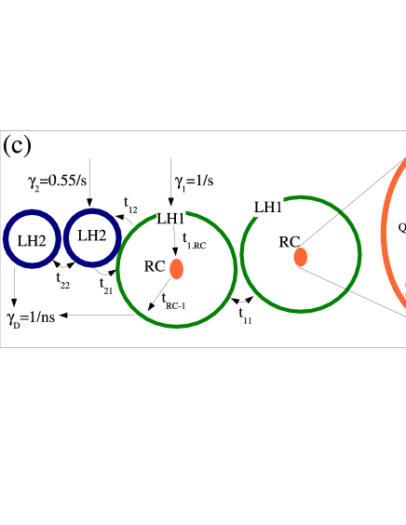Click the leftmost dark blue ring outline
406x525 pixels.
point(6,238)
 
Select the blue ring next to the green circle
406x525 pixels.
point(92,212)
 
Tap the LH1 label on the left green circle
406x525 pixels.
point(171,218)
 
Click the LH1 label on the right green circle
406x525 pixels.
point(268,206)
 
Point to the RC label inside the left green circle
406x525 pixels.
point(155,266)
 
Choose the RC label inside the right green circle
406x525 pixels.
point(290,242)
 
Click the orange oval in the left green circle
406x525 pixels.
point(177,269)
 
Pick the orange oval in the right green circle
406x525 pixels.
point(301,257)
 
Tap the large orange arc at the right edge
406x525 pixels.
point(385,233)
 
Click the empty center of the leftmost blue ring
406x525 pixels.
point(33,238)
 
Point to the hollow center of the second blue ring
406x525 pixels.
point(92,238)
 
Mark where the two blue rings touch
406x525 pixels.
point(62,238)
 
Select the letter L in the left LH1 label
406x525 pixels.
point(161,219)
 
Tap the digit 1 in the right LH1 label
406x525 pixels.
point(278,207)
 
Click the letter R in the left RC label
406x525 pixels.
point(150,267)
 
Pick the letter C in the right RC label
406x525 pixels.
point(295,243)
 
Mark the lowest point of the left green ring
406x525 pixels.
point(177,326)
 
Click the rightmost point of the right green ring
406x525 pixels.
point(359,254)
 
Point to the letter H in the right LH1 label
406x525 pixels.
point(268,207)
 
